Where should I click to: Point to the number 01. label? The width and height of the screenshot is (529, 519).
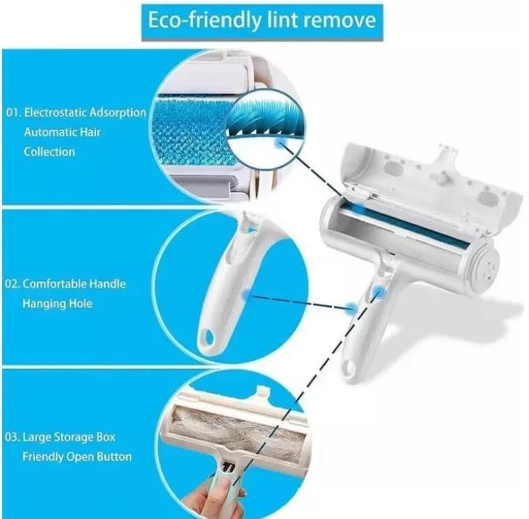pyautogui.click(x=14, y=113)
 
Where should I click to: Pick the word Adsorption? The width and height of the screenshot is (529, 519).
pyautogui.click(x=119, y=113)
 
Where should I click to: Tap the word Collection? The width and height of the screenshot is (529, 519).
pyautogui.click(x=49, y=152)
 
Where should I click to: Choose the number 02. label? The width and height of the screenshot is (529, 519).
pyautogui.click(x=14, y=284)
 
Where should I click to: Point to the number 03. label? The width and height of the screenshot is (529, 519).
pyautogui.click(x=14, y=437)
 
